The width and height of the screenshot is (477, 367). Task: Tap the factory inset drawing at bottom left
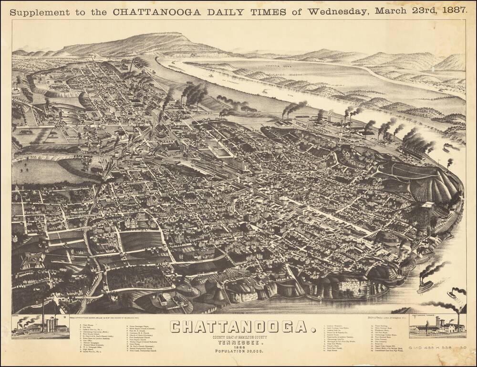40,325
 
